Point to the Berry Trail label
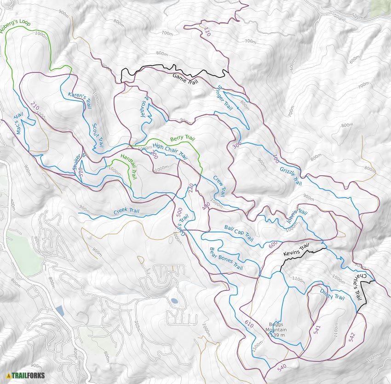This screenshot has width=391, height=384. click(x=183, y=138)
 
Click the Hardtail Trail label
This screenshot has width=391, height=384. click(x=129, y=166)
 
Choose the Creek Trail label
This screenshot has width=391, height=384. click(x=126, y=212)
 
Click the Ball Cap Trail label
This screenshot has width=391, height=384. click(x=239, y=233)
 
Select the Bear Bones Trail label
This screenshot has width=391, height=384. click(x=226, y=259)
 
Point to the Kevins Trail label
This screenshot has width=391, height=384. click(x=294, y=252)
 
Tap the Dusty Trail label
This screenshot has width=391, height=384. click(x=332, y=294)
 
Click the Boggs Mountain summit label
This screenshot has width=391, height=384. click(x=277, y=329)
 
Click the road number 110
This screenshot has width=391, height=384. click(x=207, y=32)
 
